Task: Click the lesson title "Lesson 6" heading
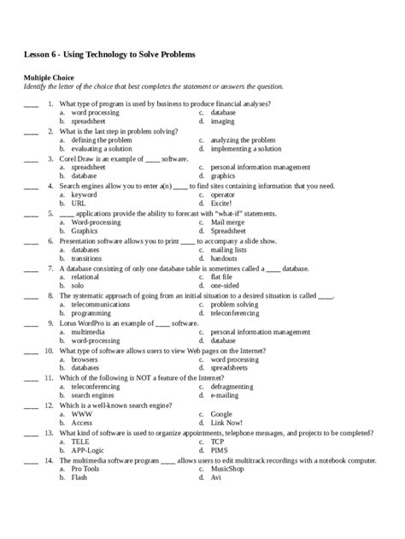tap(109, 55)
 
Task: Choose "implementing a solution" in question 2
tap(246, 148)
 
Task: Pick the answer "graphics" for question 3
tap(223, 175)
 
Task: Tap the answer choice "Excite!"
tap(222, 204)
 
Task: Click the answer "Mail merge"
tap(228, 222)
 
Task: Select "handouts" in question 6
tap(224, 258)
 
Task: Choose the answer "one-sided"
tap(225, 285)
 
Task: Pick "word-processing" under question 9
tap(96, 340)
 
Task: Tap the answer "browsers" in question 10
tap(85, 359)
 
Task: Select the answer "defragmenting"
tap(233, 387)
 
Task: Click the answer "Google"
tap(221, 414)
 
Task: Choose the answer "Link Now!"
tap(226, 423)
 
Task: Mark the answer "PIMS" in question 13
tap(220, 450)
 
